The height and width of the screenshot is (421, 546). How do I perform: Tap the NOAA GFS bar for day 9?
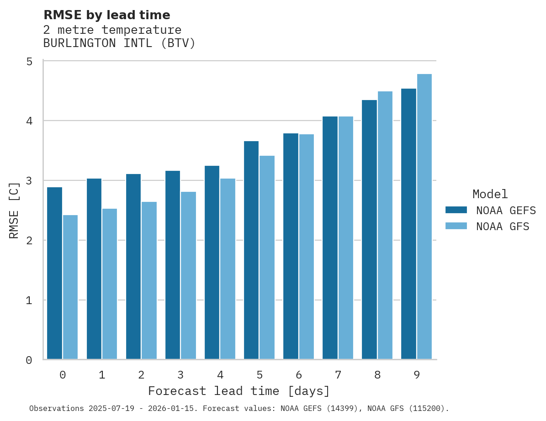(424, 216)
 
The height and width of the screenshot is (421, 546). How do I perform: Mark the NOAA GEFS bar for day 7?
(330, 238)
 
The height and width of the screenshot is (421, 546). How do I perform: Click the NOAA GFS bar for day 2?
(149, 280)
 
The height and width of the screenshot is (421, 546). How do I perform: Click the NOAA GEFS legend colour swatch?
(456, 210)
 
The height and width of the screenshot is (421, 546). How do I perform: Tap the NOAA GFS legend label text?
(503, 226)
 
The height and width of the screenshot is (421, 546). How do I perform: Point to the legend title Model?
(490, 194)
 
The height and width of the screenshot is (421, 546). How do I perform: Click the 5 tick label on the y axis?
(29, 61)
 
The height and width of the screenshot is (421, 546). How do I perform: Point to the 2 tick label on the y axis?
(29, 241)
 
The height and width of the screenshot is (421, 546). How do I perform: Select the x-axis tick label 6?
(299, 375)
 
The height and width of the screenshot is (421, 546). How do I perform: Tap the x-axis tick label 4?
(220, 375)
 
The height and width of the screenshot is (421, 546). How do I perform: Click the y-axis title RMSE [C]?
(15, 210)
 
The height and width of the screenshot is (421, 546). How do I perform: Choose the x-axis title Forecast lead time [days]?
(239, 391)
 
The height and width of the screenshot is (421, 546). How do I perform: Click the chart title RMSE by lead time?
(107, 15)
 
